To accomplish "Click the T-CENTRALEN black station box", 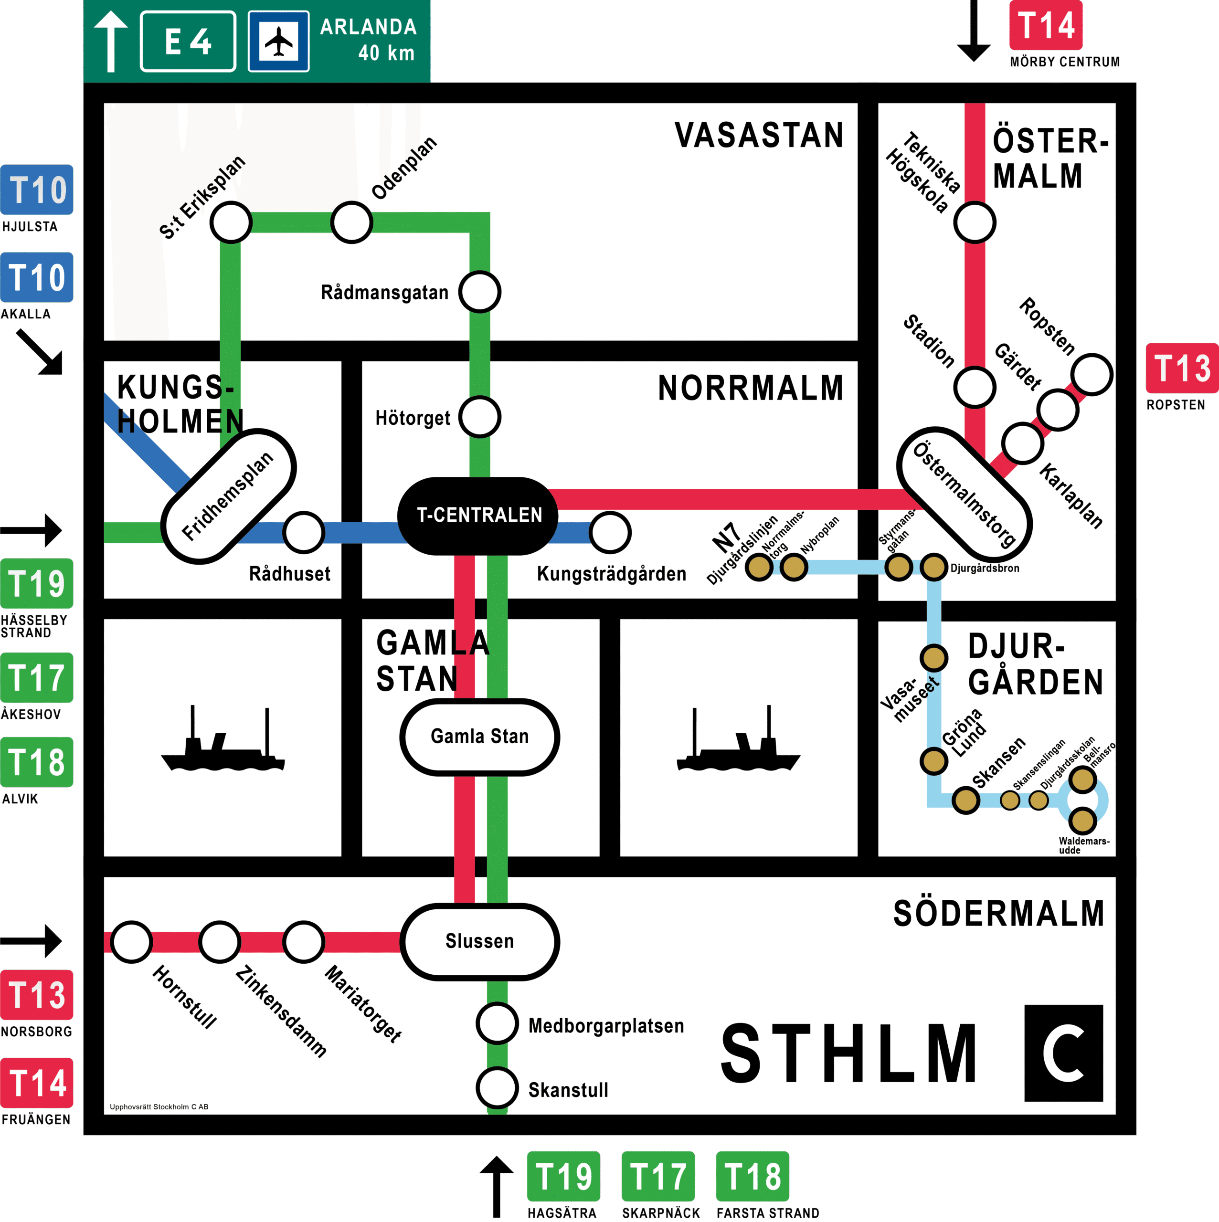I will [x=479, y=516].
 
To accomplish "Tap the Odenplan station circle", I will [x=352, y=222].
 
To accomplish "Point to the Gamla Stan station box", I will [x=479, y=737].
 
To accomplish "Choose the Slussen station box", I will [x=479, y=941].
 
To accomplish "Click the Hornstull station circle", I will [x=132, y=942].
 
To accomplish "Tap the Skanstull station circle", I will [x=497, y=1088].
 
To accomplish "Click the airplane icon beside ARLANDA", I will [x=279, y=41].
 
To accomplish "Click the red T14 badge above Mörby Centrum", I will [x=1046, y=26].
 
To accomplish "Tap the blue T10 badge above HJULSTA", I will [x=37, y=190].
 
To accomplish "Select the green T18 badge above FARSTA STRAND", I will [x=752, y=1177].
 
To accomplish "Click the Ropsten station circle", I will [x=1092, y=374].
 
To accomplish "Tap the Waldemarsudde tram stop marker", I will [x=1082, y=821].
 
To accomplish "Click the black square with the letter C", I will [x=1063, y=1053].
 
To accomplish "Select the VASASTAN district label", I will [x=759, y=136].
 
